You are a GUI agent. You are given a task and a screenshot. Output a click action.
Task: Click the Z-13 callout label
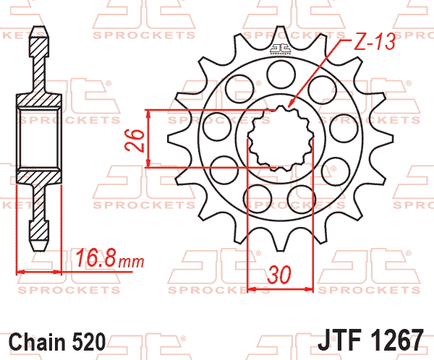pyautogui.click(x=375, y=43)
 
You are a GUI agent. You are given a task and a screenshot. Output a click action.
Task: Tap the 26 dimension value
pyautogui.click(x=135, y=140)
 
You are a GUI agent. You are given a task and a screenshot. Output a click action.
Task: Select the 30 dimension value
pyautogui.click(x=279, y=275)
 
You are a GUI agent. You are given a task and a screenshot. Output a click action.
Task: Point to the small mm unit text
pyautogui.click(x=131, y=262)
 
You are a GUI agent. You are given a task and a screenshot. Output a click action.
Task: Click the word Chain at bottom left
pyautogui.click(x=38, y=342)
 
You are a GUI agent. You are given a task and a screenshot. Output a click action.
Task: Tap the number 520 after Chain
pyautogui.click(x=89, y=342)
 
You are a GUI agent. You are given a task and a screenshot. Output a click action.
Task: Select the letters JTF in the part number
pyautogui.click(x=340, y=340)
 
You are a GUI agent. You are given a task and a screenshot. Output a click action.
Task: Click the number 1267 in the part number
pyautogui.click(x=396, y=340)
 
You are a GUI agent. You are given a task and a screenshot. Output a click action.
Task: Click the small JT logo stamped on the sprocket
pyautogui.click(x=281, y=49)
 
